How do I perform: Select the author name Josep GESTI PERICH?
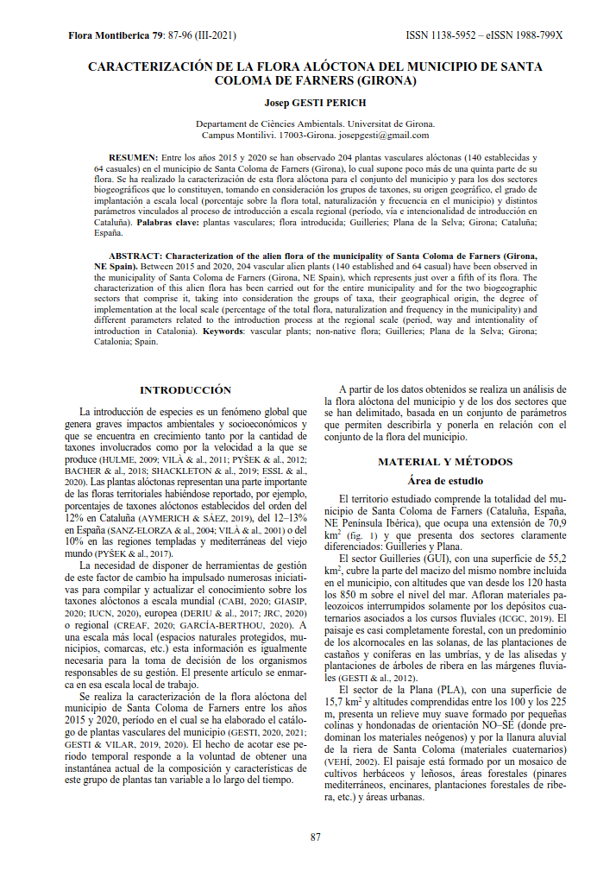coord(315,103)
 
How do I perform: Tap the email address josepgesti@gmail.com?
coord(384,136)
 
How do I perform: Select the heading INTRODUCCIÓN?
coord(185,390)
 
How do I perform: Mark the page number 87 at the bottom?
coord(316,837)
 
